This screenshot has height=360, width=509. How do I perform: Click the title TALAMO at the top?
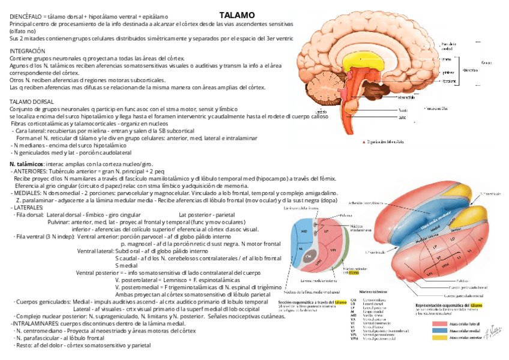(237, 14)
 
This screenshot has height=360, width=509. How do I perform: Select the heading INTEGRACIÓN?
(28, 52)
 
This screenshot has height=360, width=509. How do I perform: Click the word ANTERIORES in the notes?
(31, 171)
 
